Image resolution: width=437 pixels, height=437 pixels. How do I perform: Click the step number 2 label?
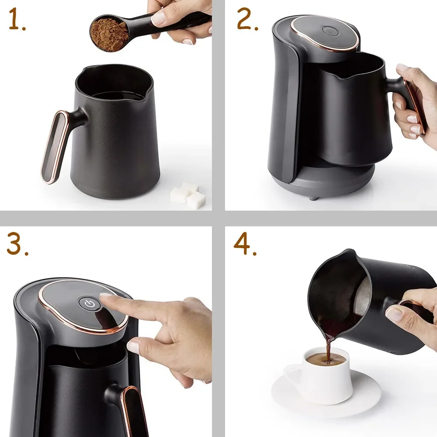tap(247, 20)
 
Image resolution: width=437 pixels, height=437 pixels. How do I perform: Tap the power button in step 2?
tap(329, 31)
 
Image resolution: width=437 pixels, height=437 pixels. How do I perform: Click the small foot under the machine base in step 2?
tap(311, 197)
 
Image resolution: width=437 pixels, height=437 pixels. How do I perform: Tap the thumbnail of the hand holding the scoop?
tap(160, 17)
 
